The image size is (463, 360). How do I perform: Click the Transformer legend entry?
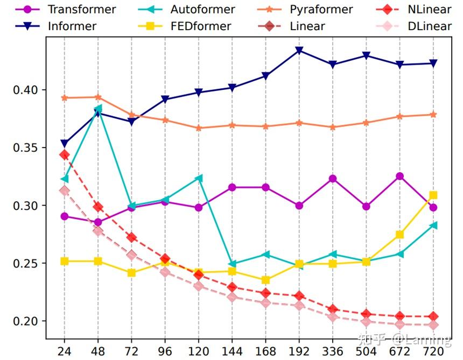click(81, 9)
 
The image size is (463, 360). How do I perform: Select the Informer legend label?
click(72, 26)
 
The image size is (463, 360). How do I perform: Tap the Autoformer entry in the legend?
click(202, 9)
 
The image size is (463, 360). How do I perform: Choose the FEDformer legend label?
click(200, 26)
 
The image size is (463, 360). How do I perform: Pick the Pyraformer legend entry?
click(321, 9)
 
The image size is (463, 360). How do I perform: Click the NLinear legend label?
click(429, 9)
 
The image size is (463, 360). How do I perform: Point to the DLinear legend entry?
click(429, 26)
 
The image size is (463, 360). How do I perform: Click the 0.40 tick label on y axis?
click(26, 90)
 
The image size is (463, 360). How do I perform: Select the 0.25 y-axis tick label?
click(26, 264)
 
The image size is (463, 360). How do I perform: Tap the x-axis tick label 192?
click(299, 350)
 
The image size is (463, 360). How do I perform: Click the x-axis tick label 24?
click(64, 350)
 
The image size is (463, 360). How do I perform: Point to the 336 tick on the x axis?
click(333, 350)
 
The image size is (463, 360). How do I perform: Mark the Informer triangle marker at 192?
click(299, 51)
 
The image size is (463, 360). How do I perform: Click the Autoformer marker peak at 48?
click(98, 109)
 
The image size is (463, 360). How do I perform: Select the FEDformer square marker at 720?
click(433, 195)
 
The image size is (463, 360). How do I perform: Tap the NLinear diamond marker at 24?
click(65, 155)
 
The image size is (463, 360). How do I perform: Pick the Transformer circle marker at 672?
click(399, 176)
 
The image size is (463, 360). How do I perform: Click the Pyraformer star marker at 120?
click(199, 128)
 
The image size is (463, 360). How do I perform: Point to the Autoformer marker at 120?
click(199, 178)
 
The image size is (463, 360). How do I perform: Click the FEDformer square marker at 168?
click(265, 280)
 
